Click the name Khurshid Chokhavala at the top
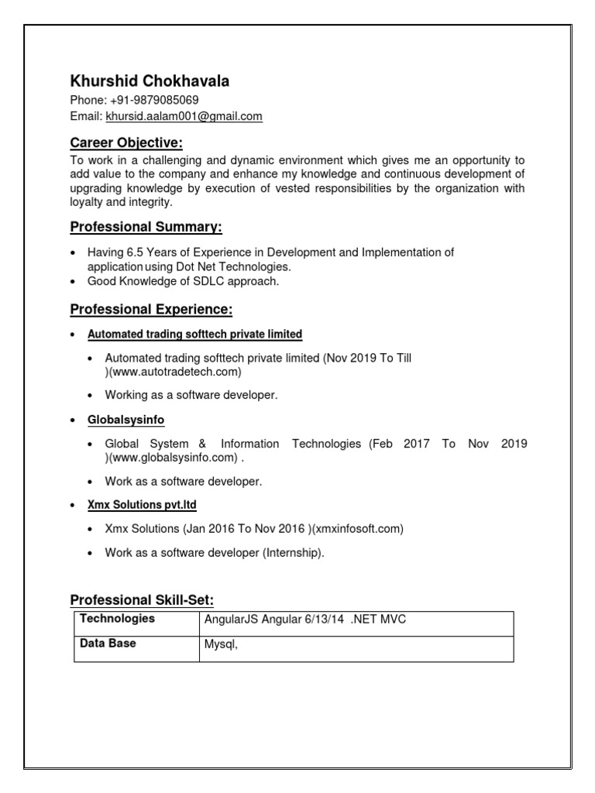150,81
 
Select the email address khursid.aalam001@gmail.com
184,116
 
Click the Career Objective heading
126,142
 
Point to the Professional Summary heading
146,227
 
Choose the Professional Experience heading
151,310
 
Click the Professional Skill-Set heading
142,600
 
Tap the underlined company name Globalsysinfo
126,420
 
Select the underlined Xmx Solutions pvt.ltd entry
143,505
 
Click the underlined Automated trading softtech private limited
194,334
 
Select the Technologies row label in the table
117,619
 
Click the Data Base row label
108,644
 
